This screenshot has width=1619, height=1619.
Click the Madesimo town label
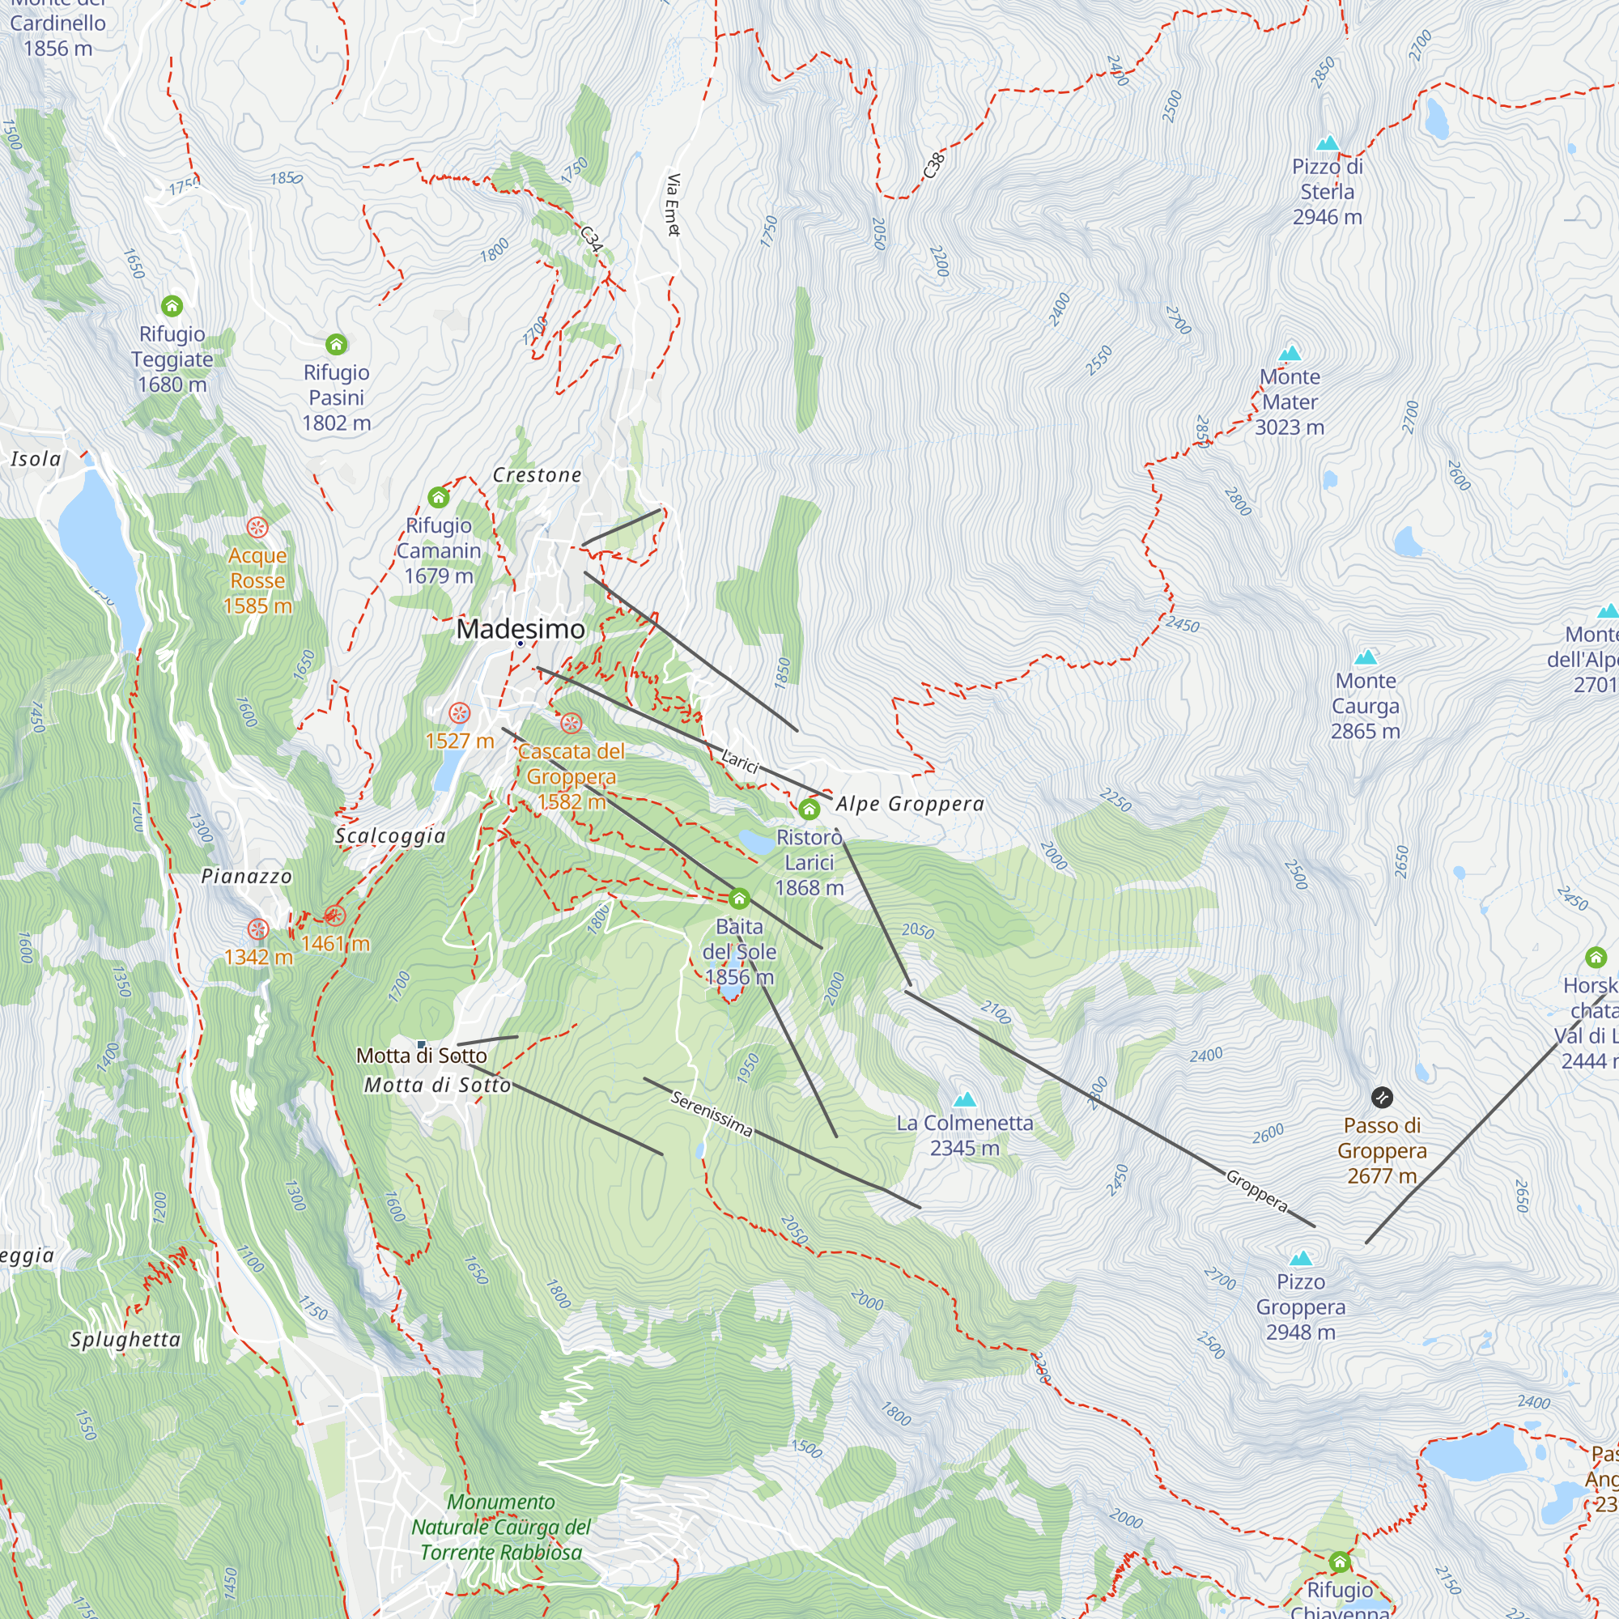[x=521, y=628]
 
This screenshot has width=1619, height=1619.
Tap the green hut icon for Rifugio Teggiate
[x=172, y=306]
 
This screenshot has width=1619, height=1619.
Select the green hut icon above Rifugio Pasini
[x=336, y=344]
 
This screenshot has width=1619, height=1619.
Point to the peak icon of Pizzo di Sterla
[x=1328, y=143]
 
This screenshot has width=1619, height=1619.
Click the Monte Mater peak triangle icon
[x=1290, y=353]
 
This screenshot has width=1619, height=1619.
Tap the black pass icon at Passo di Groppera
[x=1382, y=1097]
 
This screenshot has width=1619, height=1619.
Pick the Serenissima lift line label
[x=712, y=1114]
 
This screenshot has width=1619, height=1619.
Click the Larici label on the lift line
[x=740, y=760]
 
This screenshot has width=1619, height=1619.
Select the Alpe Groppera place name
[x=910, y=804]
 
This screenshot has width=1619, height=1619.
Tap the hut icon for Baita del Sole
[x=738, y=899]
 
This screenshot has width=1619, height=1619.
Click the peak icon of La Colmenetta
[x=965, y=1098]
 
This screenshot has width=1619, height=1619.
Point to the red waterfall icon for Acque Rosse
[x=257, y=527]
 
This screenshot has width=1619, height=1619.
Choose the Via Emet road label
[x=673, y=205]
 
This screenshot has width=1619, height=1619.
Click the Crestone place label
[x=538, y=474]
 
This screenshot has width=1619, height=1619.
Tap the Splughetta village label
[x=125, y=1339]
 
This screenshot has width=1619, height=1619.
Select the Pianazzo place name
[x=246, y=876]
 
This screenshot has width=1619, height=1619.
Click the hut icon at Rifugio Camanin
[x=438, y=498]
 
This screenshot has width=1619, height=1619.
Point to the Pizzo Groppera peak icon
[x=1301, y=1258]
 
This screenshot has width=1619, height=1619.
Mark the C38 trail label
[x=933, y=165]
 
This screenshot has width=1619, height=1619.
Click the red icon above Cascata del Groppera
[x=572, y=723]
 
